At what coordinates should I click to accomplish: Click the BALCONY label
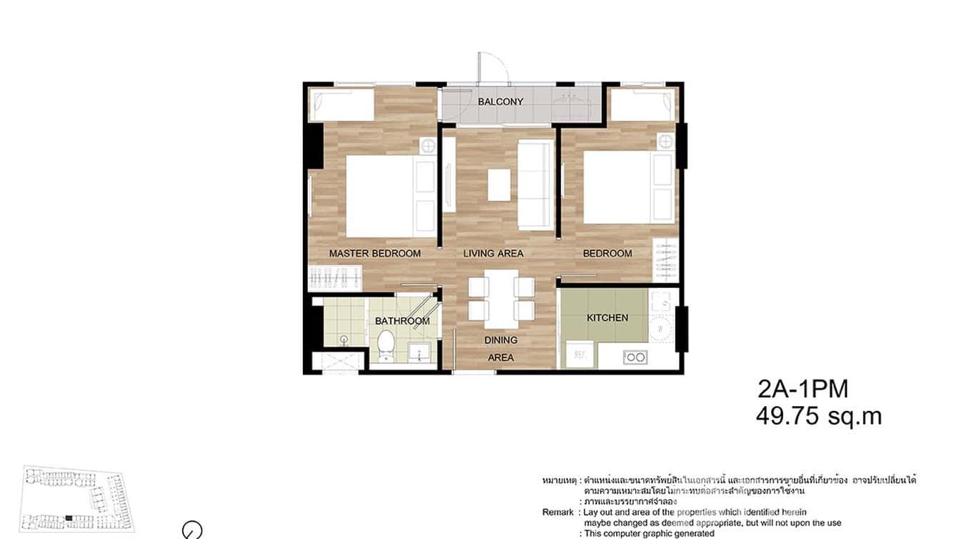click(500, 102)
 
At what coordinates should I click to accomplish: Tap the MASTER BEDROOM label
click(374, 253)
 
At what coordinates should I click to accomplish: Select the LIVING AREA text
click(493, 253)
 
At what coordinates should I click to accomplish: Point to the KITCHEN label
click(607, 317)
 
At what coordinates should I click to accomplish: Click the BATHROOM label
click(402, 321)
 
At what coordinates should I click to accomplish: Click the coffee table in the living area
click(500, 184)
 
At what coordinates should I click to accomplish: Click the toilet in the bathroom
click(386, 344)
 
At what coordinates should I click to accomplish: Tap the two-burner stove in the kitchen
click(634, 356)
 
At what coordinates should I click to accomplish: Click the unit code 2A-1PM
click(803, 390)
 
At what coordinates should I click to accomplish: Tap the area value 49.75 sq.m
click(818, 416)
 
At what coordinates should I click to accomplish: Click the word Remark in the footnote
click(557, 513)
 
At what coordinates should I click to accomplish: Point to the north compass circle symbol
click(192, 530)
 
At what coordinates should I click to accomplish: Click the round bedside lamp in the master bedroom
click(427, 147)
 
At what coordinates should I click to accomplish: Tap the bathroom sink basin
click(417, 352)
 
